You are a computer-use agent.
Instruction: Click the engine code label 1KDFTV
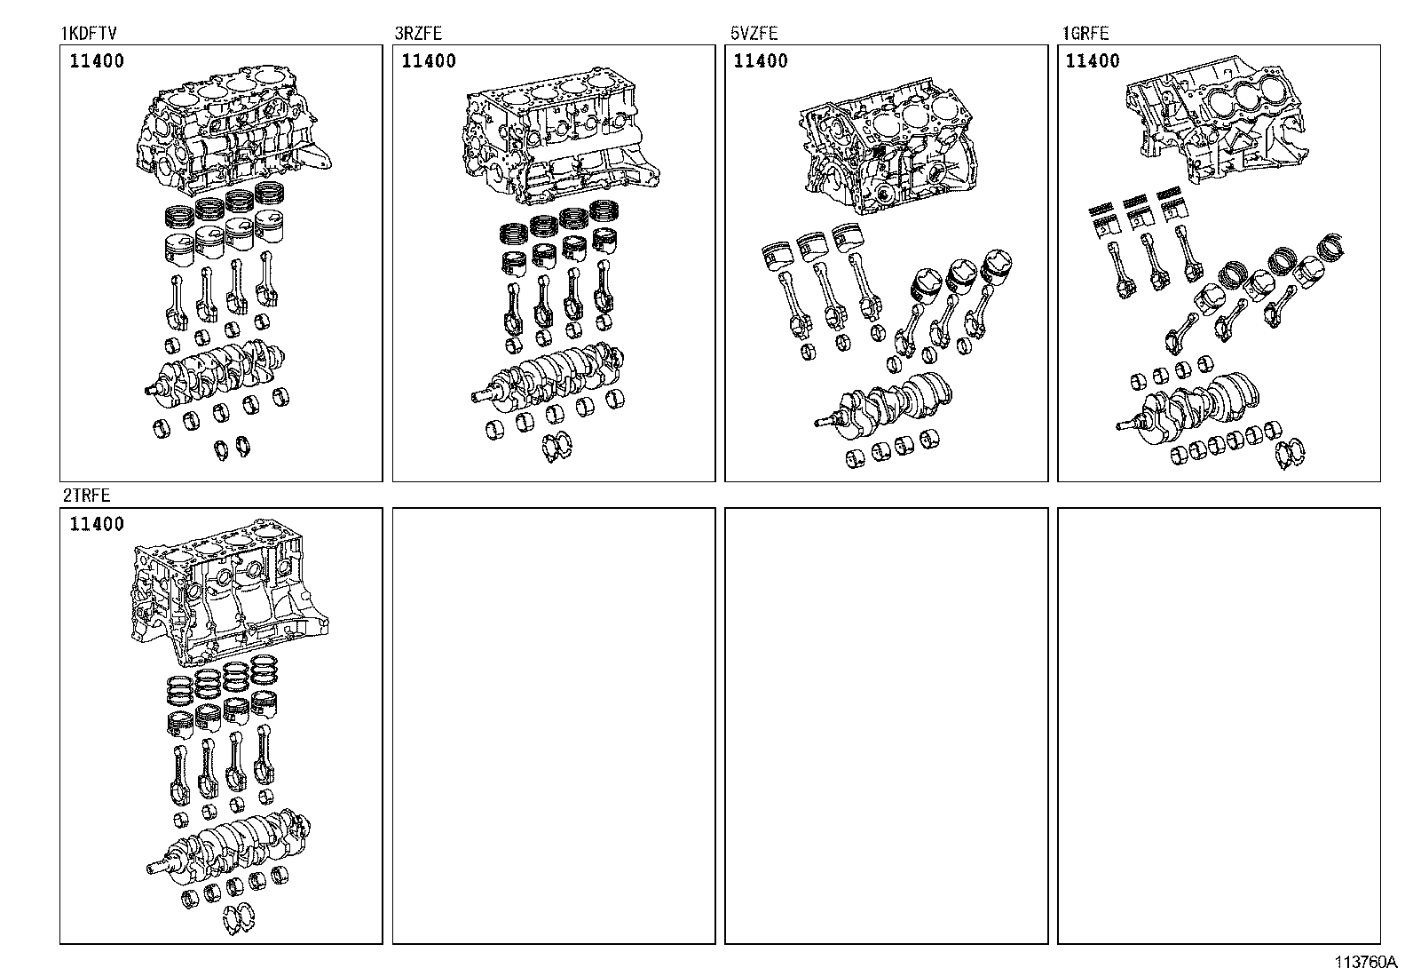pos(89,34)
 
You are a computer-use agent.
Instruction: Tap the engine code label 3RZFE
pos(418,34)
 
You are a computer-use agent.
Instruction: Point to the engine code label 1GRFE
pos(1085,34)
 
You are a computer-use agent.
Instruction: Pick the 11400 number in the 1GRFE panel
pos(1093,61)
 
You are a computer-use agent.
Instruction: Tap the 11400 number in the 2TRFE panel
pos(97,525)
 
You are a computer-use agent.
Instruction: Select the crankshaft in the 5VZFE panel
pos(888,404)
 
